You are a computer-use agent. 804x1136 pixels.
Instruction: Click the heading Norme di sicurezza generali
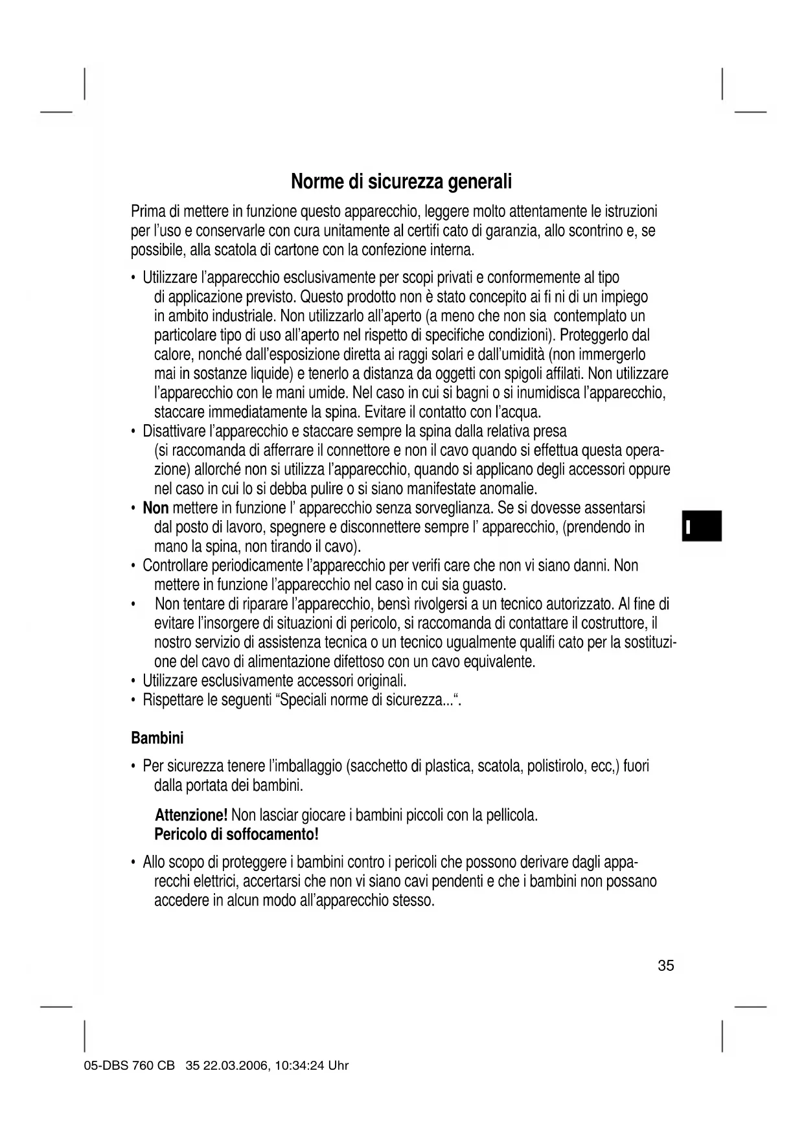(401, 181)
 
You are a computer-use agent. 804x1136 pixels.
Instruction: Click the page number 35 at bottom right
(665, 966)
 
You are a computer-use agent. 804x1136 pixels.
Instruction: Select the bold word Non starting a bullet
(155, 508)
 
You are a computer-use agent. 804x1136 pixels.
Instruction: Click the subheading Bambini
(157, 738)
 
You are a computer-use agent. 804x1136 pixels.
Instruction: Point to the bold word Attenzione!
(191, 815)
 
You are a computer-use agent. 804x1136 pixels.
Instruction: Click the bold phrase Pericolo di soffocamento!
(236, 834)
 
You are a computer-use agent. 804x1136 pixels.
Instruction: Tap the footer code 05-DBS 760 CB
(129, 1066)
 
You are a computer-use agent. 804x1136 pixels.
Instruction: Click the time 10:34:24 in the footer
(300, 1066)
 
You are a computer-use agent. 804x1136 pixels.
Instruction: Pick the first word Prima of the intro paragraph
(148, 212)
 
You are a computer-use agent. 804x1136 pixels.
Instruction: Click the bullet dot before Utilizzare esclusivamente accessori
(133, 682)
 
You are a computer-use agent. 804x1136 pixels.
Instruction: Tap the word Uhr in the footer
(338, 1066)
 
